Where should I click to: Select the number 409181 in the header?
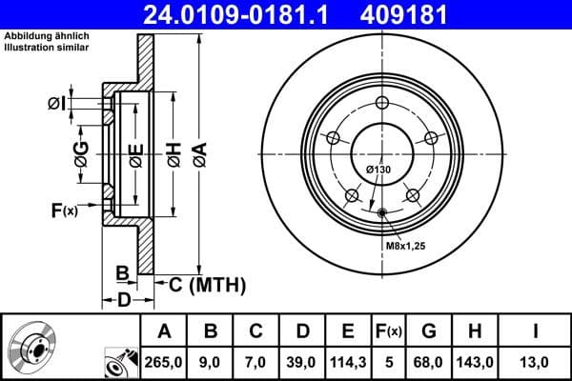pos(433,14)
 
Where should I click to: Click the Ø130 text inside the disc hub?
pos(379,170)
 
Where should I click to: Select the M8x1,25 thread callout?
pos(403,247)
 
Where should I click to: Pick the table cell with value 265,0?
pos(165,361)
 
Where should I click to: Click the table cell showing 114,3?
pos(348,361)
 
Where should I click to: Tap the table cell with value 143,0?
pos(474,361)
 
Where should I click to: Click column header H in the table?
pos(474,331)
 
